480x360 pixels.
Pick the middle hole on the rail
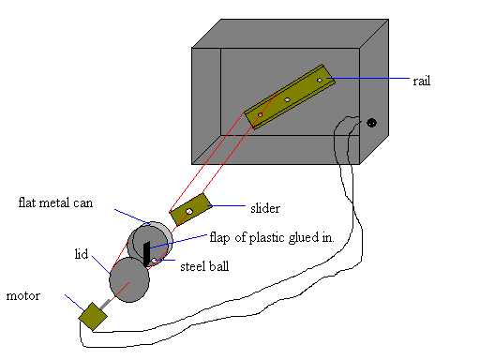tap(288, 97)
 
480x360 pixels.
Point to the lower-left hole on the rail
tap(261, 113)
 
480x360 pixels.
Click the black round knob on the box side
tap(372, 123)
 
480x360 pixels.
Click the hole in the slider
tap(188, 212)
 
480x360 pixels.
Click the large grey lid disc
tap(128, 279)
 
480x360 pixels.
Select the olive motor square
tap(93, 317)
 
